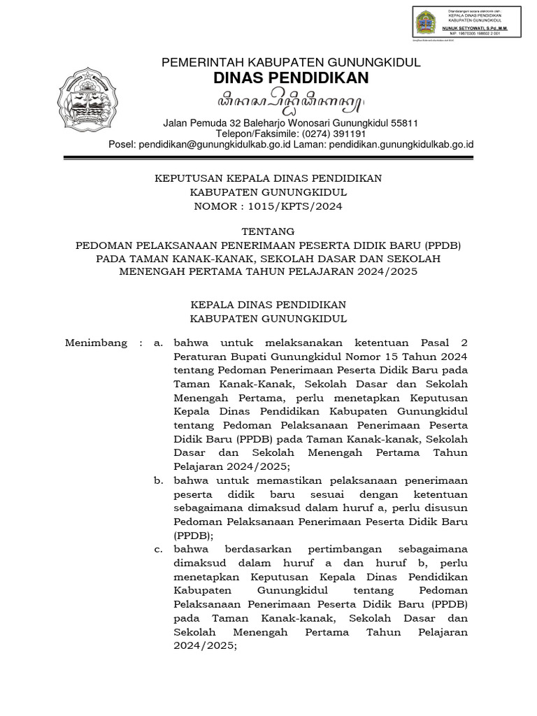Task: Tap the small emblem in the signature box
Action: click(424, 22)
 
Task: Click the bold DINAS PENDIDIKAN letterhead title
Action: click(290, 78)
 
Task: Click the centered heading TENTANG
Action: click(268, 231)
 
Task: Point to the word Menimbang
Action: click(96, 343)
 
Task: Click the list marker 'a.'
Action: click(159, 343)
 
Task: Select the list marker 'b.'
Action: click(159, 480)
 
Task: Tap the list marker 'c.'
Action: click(159, 549)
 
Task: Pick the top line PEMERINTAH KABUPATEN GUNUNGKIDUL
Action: click(291, 62)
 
